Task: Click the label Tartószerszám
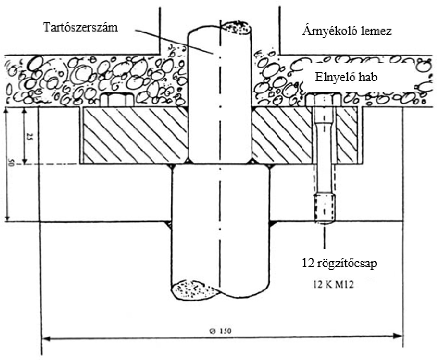[x=81, y=27]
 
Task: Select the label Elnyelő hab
[x=347, y=78]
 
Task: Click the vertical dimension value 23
[x=28, y=137]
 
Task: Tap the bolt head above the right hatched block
[x=324, y=99]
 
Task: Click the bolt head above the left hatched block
[x=116, y=100]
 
